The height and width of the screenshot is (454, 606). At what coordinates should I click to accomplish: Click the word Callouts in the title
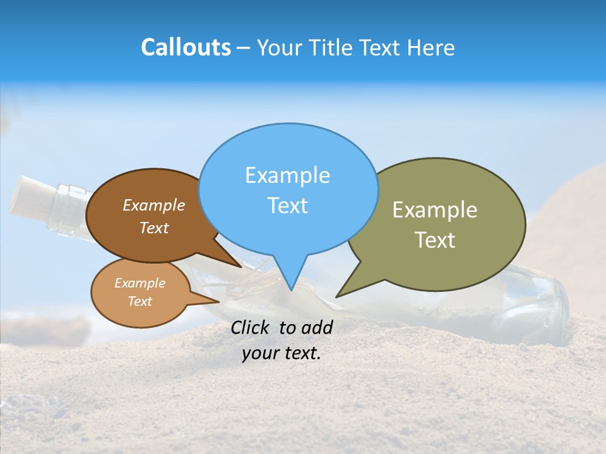tap(186, 47)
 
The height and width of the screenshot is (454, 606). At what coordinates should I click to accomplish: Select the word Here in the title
tap(431, 47)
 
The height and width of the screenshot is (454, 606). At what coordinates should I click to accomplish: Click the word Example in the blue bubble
tap(287, 175)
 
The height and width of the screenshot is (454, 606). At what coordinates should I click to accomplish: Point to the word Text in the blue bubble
tap(287, 206)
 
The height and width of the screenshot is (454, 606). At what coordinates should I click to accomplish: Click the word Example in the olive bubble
tap(435, 210)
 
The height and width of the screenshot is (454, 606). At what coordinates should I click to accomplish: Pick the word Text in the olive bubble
tap(435, 240)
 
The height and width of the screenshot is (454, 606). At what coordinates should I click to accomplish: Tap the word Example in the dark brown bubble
tap(154, 205)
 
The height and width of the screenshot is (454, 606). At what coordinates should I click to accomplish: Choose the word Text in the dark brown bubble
tap(154, 228)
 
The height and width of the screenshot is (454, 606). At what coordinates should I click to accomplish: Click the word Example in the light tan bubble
tap(140, 283)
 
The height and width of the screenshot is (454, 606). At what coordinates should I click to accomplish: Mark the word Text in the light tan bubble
tap(140, 301)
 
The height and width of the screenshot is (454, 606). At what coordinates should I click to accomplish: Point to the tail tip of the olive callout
tap(338, 295)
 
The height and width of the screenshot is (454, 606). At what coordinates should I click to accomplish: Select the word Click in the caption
tap(251, 327)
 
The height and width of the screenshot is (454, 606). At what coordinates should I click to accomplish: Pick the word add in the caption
tap(317, 327)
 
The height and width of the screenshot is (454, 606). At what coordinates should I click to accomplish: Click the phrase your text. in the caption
tap(282, 353)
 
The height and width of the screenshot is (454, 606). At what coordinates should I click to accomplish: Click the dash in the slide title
tap(244, 47)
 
